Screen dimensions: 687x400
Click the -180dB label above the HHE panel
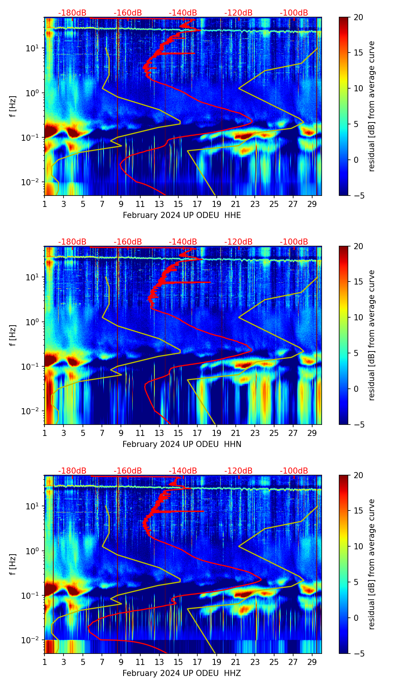[x=72, y=13]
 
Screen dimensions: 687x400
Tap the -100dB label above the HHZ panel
[x=294, y=471]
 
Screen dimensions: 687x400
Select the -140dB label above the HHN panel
[x=183, y=242]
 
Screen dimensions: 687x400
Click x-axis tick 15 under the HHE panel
[x=178, y=204]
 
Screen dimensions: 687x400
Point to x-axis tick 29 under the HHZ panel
[x=312, y=662]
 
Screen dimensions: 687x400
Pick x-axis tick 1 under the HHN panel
[x=44, y=433]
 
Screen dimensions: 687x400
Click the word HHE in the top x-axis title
[x=232, y=215]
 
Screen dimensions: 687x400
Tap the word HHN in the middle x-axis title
[x=233, y=444]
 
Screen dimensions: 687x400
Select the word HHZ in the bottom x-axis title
[x=232, y=673]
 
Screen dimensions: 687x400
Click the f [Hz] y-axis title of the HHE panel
[x=13, y=107]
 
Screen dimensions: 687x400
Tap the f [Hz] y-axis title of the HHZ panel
[x=13, y=565]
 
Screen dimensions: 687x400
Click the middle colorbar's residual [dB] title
[x=371, y=335]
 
